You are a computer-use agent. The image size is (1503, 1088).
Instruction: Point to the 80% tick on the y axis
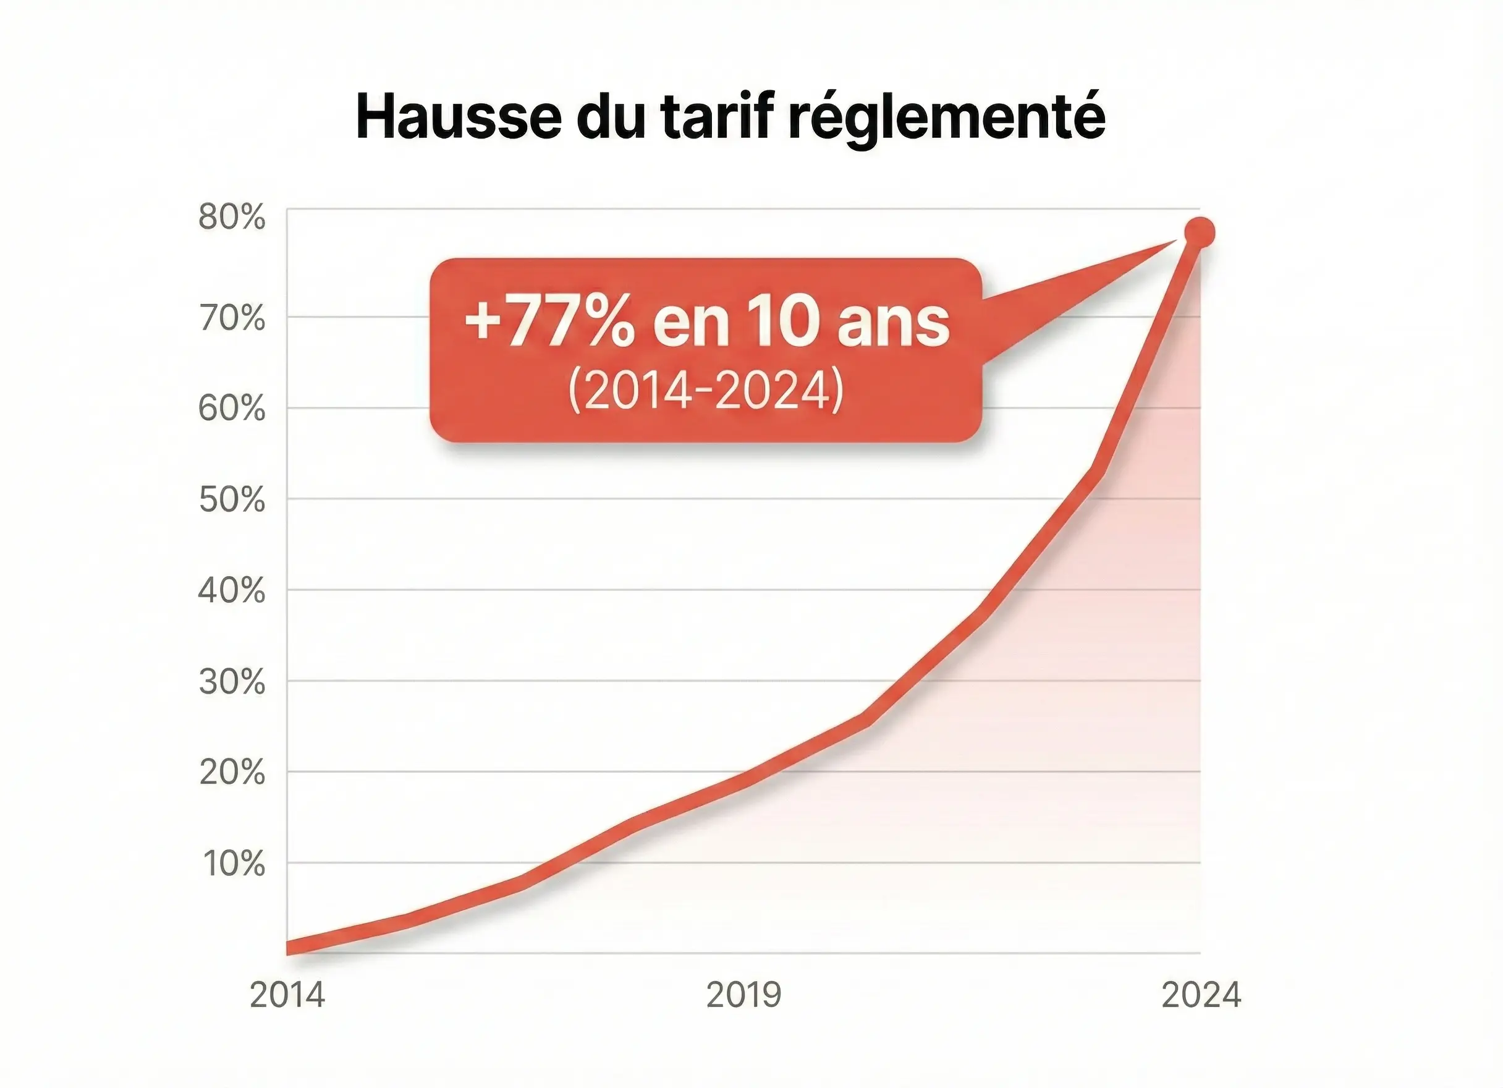click(232, 218)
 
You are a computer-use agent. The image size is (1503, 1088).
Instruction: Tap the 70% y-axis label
click(232, 319)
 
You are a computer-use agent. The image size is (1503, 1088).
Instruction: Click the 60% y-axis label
click(232, 409)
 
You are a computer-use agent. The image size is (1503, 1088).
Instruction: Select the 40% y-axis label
click(232, 590)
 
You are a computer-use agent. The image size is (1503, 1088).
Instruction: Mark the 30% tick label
click(232, 682)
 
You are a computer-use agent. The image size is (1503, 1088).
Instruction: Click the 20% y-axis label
click(232, 772)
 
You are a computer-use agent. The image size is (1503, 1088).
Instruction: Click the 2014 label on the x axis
click(287, 995)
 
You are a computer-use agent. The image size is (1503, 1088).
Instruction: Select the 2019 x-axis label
click(743, 995)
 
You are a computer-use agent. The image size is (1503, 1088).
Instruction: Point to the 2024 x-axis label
click(1201, 995)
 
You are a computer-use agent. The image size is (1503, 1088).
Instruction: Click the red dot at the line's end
click(1199, 232)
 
